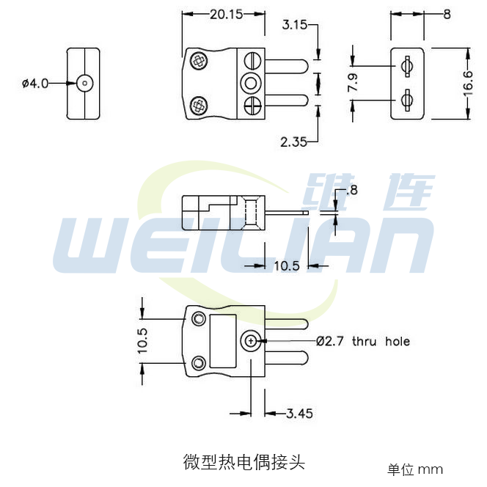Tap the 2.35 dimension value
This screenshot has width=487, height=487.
point(295,142)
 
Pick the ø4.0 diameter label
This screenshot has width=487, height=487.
point(34,84)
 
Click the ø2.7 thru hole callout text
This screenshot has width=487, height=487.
point(363,341)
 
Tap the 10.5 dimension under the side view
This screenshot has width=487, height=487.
point(287,266)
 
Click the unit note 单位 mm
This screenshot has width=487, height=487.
point(415,469)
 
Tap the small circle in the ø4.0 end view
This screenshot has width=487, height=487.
point(85,83)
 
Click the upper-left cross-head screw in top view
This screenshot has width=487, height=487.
point(198,61)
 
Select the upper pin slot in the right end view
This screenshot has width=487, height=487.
point(408,68)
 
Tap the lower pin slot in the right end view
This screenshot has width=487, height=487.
point(408,98)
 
